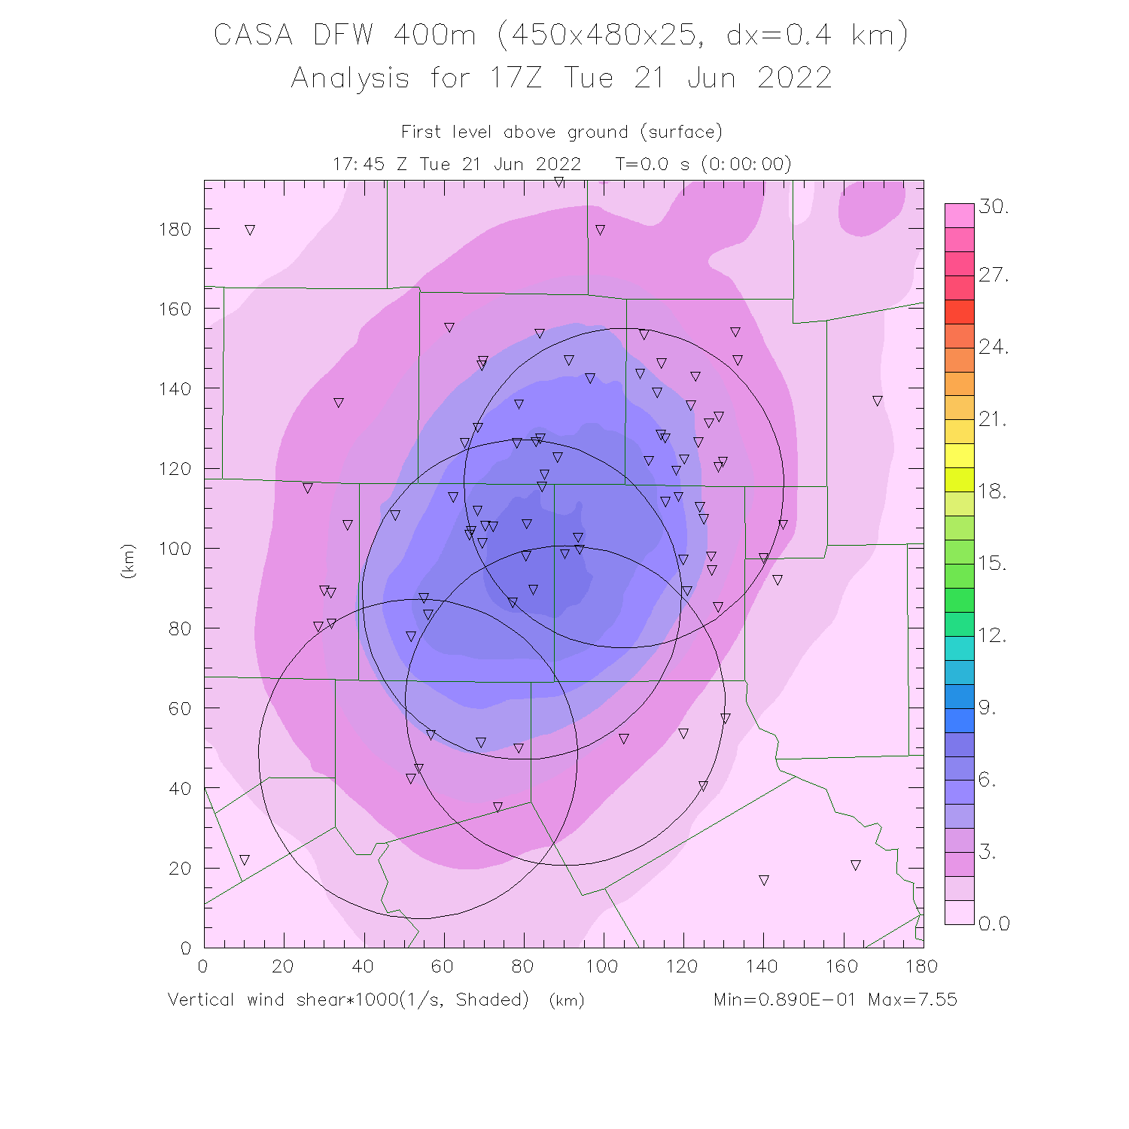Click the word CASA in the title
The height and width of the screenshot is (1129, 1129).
[x=253, y=35]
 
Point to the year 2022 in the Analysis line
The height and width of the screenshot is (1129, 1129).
[x=794, y=78]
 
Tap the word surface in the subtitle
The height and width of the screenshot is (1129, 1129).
[x=681, y=132]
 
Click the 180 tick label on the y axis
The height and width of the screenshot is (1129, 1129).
[x=175, y=230]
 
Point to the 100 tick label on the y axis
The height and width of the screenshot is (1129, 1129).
[x=175, y=549]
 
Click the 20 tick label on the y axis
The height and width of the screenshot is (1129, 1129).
[x=179, y=869]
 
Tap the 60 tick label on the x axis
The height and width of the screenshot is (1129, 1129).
[x=443, y=966]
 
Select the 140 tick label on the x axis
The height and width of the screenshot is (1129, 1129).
[x=762, y=966]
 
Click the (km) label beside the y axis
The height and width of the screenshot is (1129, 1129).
[x=128, y=561]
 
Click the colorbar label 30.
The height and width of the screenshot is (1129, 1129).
[x=994, y=207]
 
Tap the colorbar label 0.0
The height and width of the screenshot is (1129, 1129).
[x=994, y=924]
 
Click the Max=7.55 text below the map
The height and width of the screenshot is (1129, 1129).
[x=912, y=1000]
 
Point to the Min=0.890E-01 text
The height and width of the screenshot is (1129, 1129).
[x=784, y=1000]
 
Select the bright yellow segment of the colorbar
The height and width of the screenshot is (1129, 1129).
[x=960, y=456]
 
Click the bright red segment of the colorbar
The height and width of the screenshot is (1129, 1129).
[x=960, y=312]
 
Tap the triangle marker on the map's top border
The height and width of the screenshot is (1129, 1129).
[x=558, y=182]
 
